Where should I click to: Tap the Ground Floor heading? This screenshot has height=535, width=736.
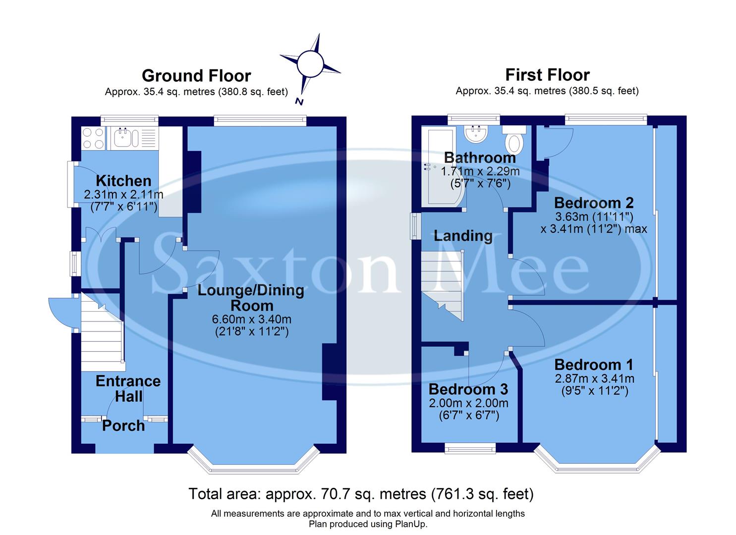click(x=196, y=76)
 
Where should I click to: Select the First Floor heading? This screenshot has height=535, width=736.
click(x=547, y=75)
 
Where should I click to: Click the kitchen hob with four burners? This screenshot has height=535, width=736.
click(x=93, y=138)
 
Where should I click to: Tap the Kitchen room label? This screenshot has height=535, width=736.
click(x=123, y=181)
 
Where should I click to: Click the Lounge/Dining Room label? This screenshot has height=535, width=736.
click(x=251, y=297)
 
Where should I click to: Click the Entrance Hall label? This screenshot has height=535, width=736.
click(x=128, y=388)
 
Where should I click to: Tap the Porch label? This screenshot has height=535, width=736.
click(x=123, y=426)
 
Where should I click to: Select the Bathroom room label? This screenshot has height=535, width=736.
click(x=480, y=158)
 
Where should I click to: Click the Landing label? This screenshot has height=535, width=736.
click(x=463, y=236)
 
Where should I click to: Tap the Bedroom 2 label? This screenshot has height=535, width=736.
click(x=594, y=203)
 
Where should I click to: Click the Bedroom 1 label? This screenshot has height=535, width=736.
click(x=594, y=365)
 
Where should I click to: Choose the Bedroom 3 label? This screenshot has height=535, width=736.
click(x=468, y=389)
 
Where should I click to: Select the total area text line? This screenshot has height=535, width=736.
click(x=361, y=494)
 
